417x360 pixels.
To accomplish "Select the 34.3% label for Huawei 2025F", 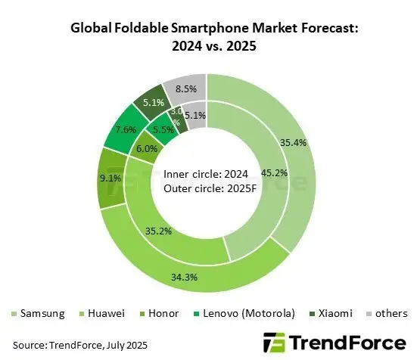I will (x=205, y=277).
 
